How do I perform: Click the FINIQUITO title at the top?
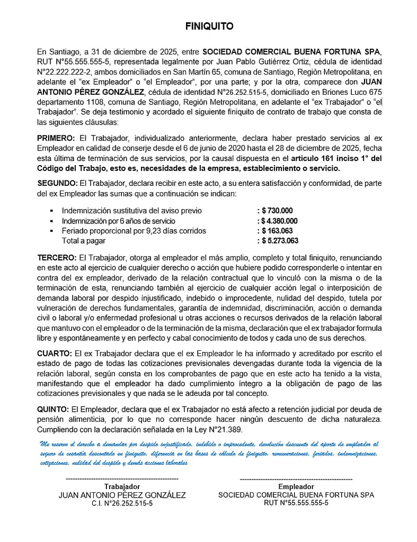[x=209, y=26]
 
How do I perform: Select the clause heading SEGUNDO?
[x=57, y=183]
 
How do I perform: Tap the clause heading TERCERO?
[x=57, y=257]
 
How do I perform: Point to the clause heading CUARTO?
[x=55, y=353]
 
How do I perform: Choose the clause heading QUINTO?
[x=53, y=409]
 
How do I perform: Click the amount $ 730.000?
[x=277, y=211]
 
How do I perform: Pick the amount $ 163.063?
[x=277, y=231]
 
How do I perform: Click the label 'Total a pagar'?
[x=84, y=241]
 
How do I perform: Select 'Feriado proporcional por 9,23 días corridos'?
[x=134, y=231]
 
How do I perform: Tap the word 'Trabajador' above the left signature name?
[x=122, y=486]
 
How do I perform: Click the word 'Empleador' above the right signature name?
[x=296, y=486]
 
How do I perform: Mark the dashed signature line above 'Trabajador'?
[x=122, y=478]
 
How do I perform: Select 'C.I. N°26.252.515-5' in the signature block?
[x=122, y=503]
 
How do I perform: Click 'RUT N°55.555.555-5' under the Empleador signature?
[x=296, y=503]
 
